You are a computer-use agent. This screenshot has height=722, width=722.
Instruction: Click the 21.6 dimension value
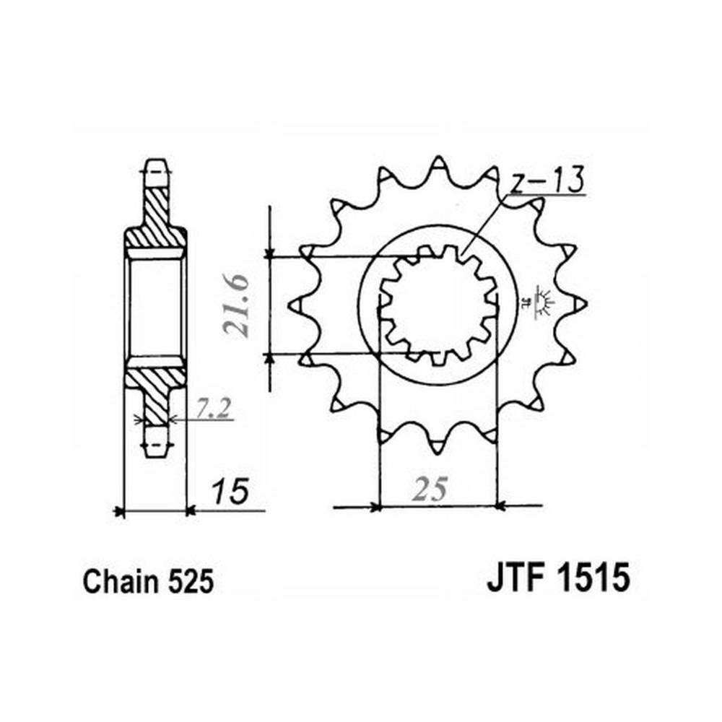(236, 306)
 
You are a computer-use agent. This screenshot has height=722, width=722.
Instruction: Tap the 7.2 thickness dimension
(213, 409)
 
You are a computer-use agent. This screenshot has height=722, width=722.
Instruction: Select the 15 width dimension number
(230, 491)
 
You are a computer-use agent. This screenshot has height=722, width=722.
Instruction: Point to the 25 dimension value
(430, 489)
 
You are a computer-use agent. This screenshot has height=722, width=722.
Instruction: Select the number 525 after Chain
(191, 581)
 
